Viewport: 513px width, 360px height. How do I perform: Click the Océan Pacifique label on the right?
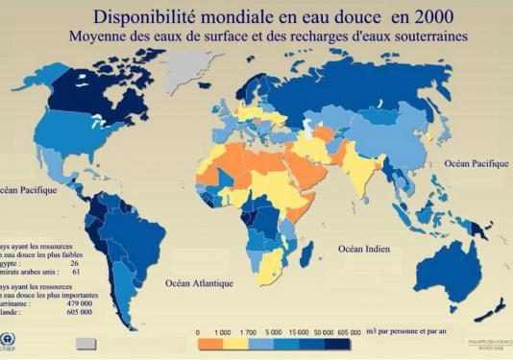pyautogui.click(x=476, y=164)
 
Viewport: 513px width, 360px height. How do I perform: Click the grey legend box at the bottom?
pyautogui.click(x=86, y=343)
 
